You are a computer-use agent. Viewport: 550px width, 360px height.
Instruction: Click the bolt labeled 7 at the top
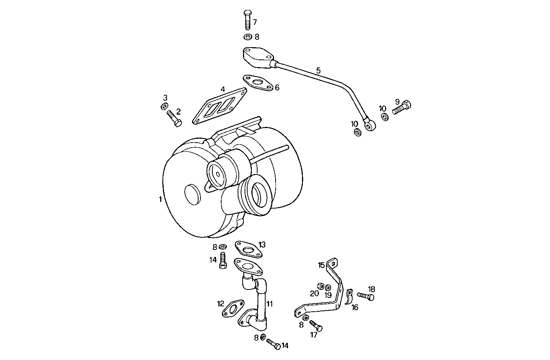tap(247, 20)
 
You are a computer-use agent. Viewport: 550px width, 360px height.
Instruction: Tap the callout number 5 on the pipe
tap(319, 71)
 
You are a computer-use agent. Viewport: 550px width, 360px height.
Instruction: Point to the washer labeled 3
tap(164, 106)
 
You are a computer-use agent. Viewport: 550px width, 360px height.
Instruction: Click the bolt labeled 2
tap(174, 118)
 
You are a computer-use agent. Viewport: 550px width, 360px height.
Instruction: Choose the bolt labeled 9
tap(401, 107)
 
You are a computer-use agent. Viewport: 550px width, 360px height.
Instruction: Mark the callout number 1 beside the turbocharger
tap(160, 199)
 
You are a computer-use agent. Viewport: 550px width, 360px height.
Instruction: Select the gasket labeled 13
tap(248, 249)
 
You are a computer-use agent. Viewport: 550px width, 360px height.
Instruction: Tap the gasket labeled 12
tap(232, 309)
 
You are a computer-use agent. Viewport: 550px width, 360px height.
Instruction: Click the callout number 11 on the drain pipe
tap(270, 304)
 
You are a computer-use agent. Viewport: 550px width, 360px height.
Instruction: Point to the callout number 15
tap(321, 265)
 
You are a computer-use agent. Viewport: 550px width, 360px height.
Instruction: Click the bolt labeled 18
tap(366, 296)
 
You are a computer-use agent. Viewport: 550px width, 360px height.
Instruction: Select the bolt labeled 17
tap(316, 326)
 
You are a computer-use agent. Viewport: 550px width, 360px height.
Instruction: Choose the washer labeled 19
tap(328, 287)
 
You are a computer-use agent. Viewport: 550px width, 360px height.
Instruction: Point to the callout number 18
tap(371, 289)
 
